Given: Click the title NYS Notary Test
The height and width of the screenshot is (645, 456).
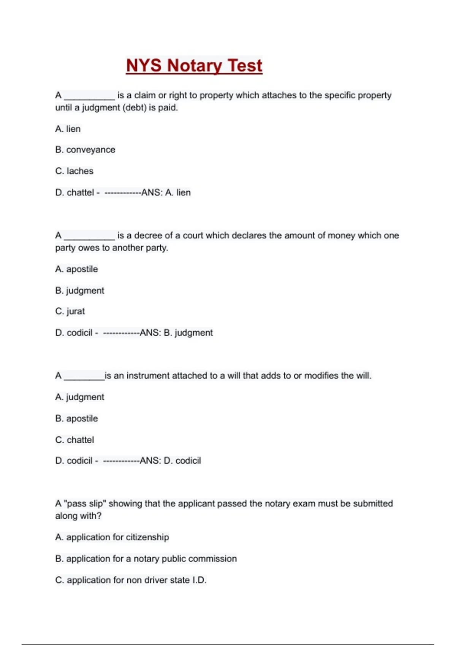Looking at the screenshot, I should (194, 66).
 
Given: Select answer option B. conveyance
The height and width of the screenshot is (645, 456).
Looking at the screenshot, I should (85, 150).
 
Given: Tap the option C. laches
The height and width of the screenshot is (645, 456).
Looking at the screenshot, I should (74, 171).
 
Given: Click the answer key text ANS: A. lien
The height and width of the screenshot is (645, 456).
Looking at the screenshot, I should (166, 193).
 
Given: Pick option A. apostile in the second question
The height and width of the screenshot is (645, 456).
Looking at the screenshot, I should (76, 269).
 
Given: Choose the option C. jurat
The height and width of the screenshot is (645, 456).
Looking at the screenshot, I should (70, 311).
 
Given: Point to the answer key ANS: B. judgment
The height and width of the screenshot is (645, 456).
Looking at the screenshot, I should (176, 333).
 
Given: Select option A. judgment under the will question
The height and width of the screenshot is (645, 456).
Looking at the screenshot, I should (79, 397).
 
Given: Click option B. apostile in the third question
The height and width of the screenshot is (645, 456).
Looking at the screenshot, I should (76, 418).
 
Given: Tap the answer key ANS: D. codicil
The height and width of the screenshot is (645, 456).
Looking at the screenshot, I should (170, 461).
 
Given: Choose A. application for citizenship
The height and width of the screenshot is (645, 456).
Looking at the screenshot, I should (112, 537).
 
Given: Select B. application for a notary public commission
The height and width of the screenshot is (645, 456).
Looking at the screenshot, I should (146, 559).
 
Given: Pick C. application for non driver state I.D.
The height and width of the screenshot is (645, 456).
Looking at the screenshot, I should (131, 580).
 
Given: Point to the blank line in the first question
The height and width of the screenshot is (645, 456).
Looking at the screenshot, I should (89, 98).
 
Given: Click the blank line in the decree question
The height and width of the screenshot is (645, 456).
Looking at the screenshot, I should (89, 238).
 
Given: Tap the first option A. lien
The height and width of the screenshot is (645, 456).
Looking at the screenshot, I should (68, 129).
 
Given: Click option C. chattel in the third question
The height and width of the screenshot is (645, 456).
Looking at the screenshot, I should (74, 440).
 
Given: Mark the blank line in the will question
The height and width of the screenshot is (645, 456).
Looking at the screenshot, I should (84, 378).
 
